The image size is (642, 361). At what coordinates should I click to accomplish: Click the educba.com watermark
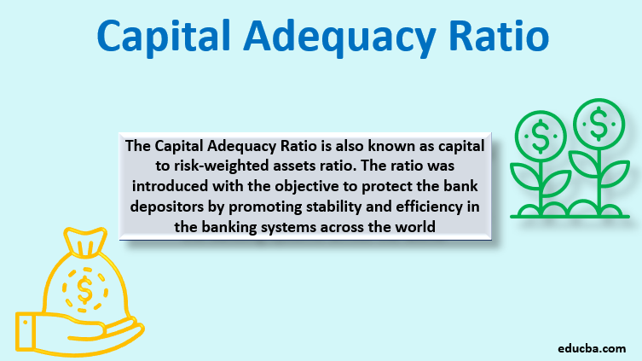coord(591,348)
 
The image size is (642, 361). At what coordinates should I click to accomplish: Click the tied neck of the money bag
coord(83,248)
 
